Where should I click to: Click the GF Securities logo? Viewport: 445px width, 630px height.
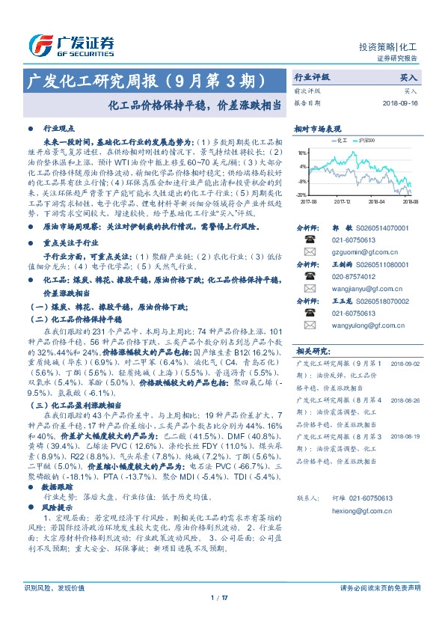coord(71,45)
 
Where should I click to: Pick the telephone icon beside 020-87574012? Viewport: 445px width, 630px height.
coord(309,276)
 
